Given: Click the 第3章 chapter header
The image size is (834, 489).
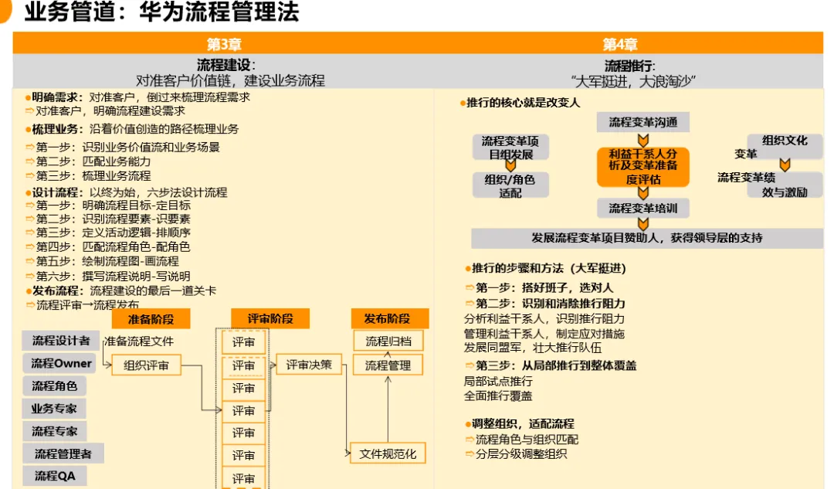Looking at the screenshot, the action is pyautogui.click(x=224, y=44).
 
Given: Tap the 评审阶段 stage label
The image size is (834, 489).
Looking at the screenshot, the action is pyautogui.click(x=270, y=318).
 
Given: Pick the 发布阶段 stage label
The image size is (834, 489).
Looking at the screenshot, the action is pyautogui.click(x=387, y=318).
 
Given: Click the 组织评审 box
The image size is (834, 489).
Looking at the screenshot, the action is pyautogui.click(x=146, y=365).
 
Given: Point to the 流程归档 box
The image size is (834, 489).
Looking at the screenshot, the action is pyautogui.click(x=388, y=341).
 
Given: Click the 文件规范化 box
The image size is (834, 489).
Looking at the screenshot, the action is pyautogui.click(x=388, y=453).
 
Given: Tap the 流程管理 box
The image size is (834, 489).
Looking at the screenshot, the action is pyautogui.click(x=388, y=365).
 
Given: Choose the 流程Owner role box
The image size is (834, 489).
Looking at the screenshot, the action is pyautogui.click(x=61, y=363).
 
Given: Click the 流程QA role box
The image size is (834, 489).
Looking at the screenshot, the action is pyautogui.click(x=55, y=476).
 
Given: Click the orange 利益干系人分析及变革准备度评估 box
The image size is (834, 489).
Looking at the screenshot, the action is pyautogui.click(x=642, y=167).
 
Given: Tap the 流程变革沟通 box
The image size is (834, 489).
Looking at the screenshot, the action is pyautogui.click(x=642, y=122).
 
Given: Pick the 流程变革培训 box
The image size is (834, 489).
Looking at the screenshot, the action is pyautogui.click(x=642, y=208).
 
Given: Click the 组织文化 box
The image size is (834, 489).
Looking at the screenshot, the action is pyautogui.click(x=785, y=141).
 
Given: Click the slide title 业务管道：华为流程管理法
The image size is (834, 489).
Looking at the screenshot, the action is pyautogui.click(x=161, y=13).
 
